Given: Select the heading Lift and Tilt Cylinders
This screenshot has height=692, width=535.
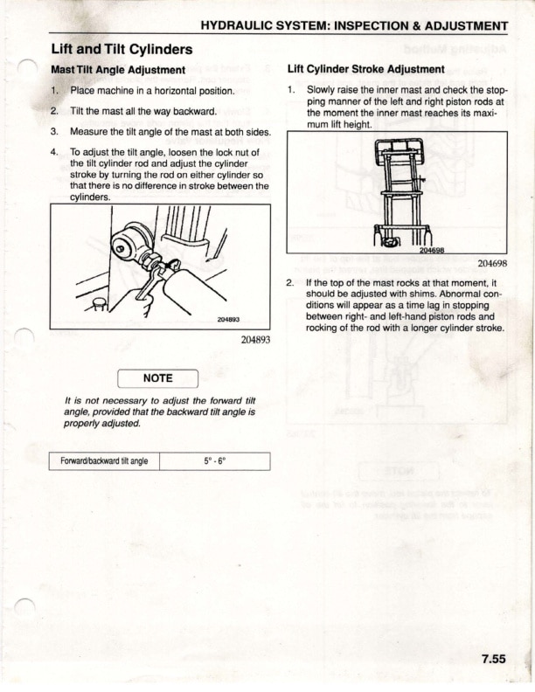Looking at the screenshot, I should pos(122,49).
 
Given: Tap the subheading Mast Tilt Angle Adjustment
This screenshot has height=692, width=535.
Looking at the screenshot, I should pos(118,69).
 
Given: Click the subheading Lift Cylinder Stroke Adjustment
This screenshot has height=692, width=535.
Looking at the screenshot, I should pos(365,69).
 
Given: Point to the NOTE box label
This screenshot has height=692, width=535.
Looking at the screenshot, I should pos(157,378).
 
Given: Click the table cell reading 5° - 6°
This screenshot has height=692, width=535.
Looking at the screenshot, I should pos(214,461).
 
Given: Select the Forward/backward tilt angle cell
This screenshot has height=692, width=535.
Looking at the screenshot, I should pos(104,461).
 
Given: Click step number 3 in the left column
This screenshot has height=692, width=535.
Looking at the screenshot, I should pos(54,132).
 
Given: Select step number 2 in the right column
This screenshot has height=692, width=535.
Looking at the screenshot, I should pos(290,283).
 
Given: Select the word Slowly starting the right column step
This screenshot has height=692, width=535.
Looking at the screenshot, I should pos(322,91).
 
